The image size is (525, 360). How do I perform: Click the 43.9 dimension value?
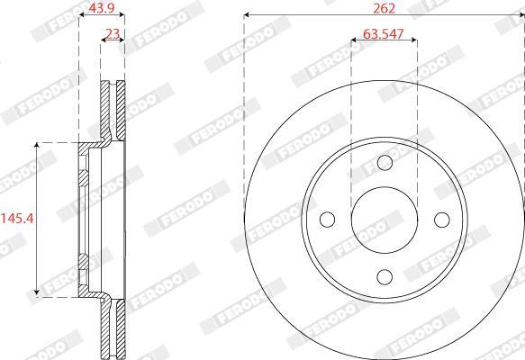tap(102, 8)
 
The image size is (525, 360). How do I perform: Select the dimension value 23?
tap(113, 34)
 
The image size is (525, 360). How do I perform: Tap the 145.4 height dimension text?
tap(17, 219)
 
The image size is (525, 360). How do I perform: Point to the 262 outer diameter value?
tap(384, 8)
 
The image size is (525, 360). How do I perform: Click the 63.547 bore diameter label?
tap(384, 34)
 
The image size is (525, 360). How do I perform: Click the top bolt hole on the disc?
tap(385, 163)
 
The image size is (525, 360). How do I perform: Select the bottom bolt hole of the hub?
tap(385, 276)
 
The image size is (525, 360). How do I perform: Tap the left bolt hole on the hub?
tap(328, 220)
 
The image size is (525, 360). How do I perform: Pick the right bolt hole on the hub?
tap(442, 220)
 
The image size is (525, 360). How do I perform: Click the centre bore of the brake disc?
tap(385, 220)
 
